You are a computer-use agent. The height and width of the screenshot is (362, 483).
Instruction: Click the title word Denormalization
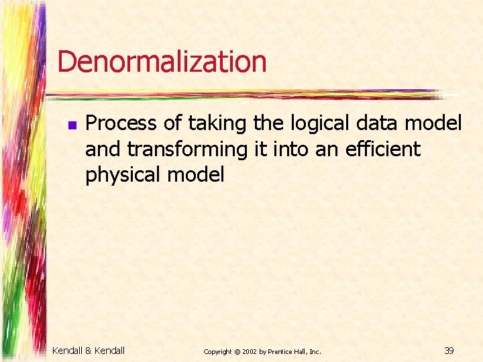point(162,62)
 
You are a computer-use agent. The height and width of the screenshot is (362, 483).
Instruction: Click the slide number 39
point(449,349)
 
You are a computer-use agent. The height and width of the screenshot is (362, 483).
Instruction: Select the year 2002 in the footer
point(249,351)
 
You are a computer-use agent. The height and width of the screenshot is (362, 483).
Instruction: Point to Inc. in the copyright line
point(316,351)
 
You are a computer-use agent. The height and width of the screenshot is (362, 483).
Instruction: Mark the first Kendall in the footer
point(67,349)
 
